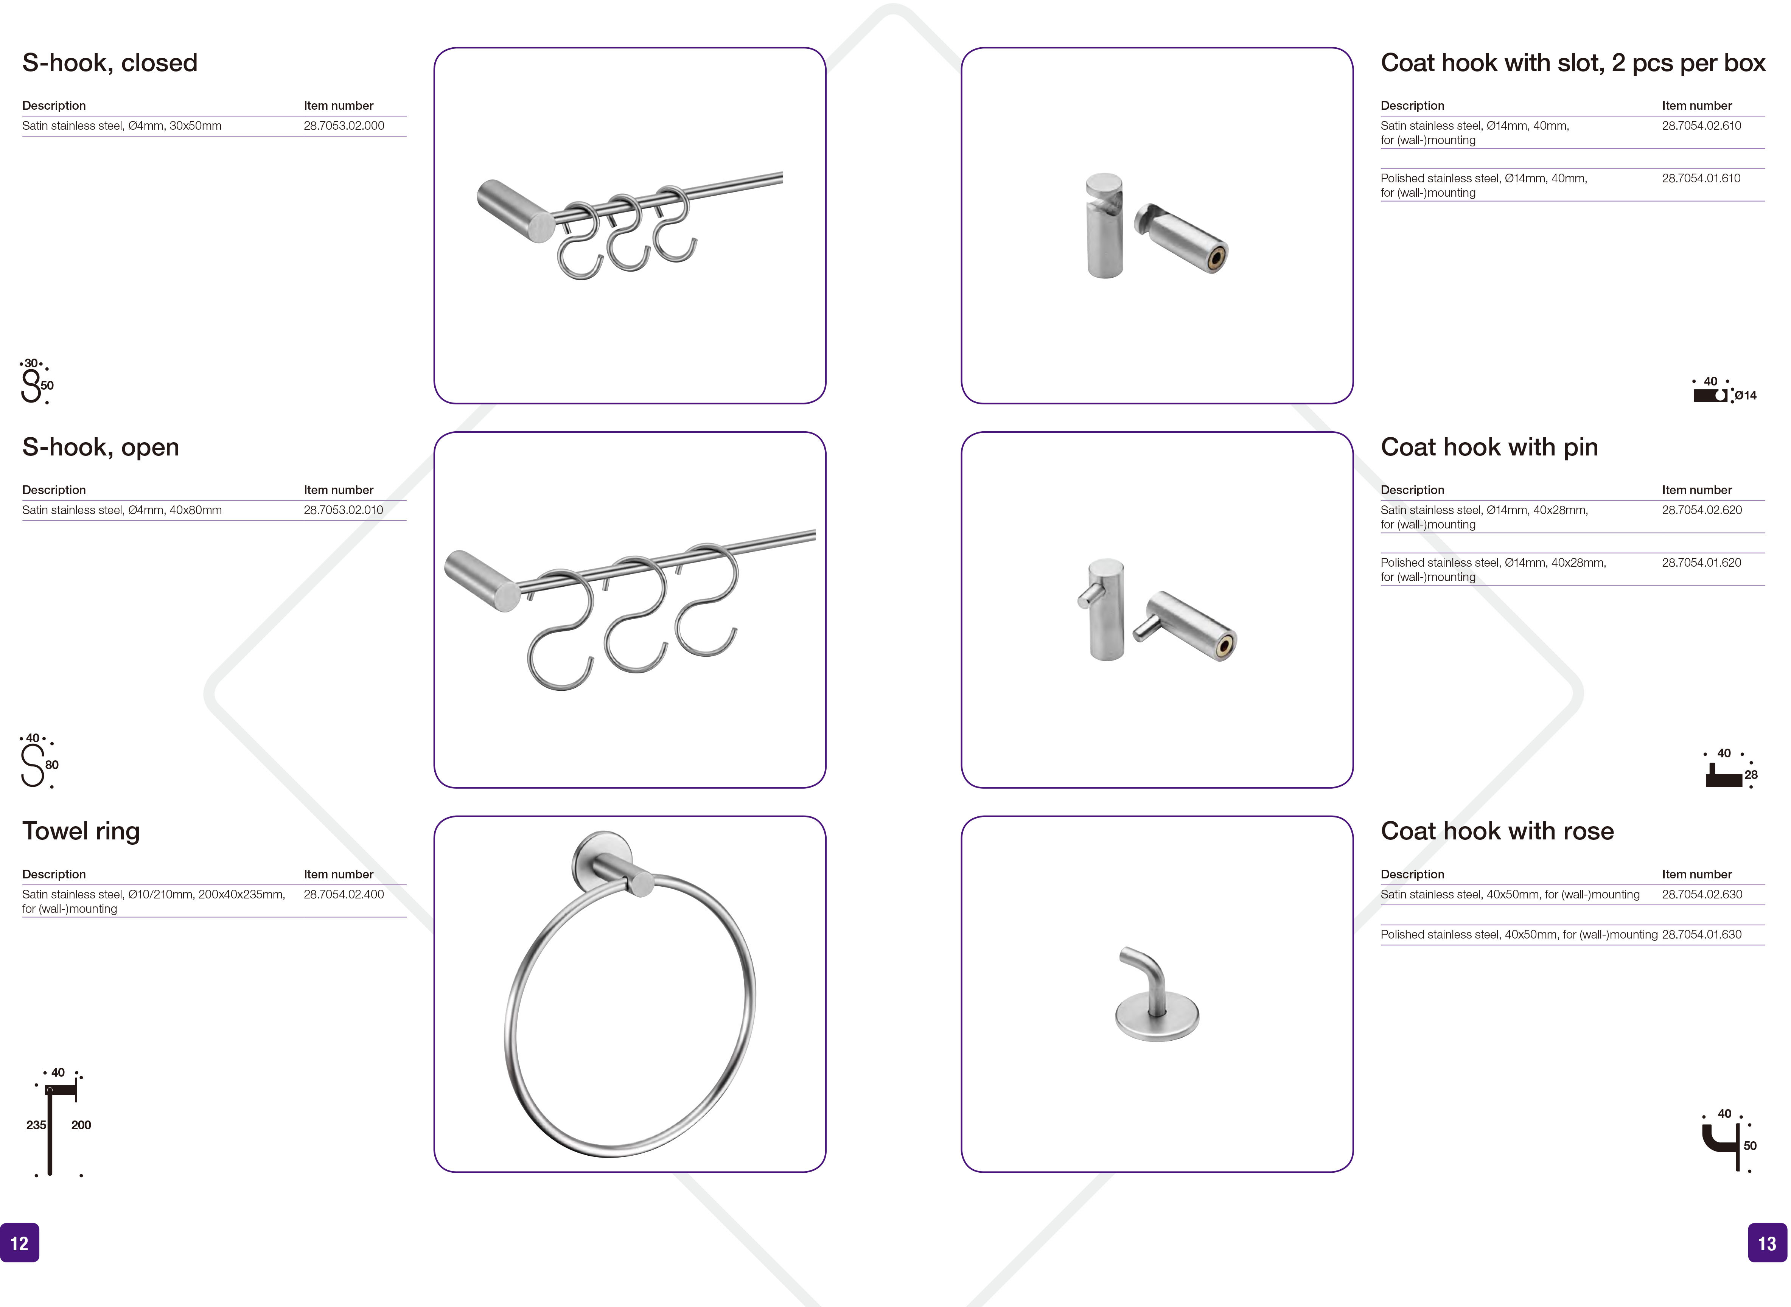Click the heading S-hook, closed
pos(110,62)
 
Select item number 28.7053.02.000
pos(344,126)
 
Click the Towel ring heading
pos(81,831)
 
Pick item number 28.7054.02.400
pos(344,894)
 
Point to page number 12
pos(19,1243)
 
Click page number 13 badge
pos(1767,1243)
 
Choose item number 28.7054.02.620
pos(1702,510)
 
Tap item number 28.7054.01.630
pos(1702,934)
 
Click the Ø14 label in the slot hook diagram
pos(1745,396)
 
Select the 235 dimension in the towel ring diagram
pos(36,1125)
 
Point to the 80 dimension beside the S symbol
pos(52,765)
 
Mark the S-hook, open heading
pos(101,447)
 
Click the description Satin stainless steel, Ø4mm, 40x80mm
pos(122,510)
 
